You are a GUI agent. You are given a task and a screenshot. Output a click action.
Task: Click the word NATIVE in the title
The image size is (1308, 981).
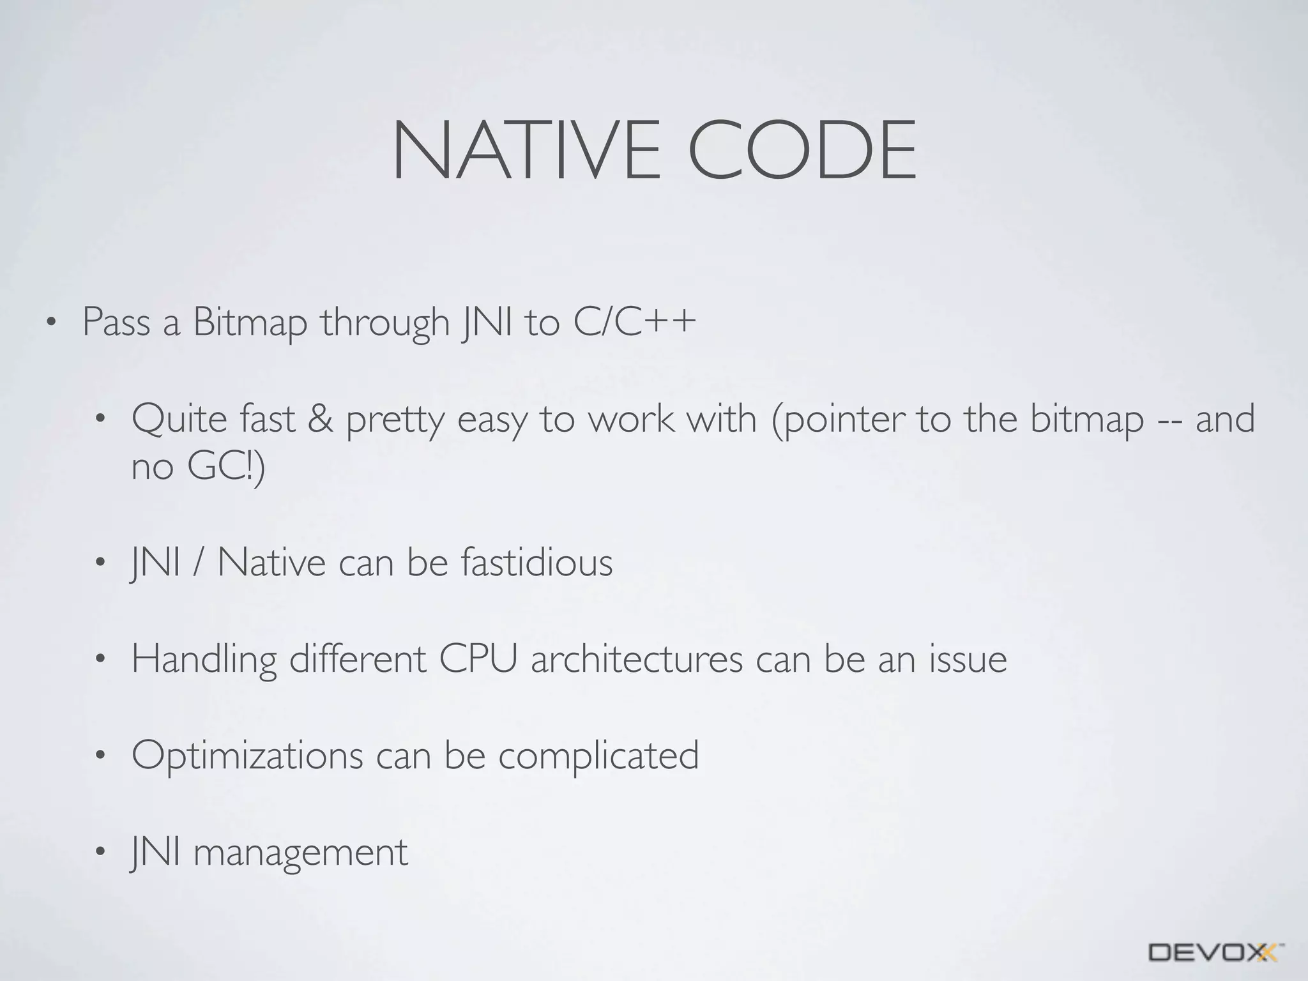click(x=526, y=151)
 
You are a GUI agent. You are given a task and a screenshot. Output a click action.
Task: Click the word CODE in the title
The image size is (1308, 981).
click(x=803, y=151)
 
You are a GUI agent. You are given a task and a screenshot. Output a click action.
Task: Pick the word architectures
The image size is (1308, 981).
click(x=637, y=660)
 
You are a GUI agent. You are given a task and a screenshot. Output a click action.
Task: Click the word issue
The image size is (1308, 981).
click(x=968, y=660)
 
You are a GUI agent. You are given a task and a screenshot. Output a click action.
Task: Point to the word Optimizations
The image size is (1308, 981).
click(x=247, y=756)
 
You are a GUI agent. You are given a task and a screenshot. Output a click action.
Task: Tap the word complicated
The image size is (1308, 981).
click(x=598, y=756)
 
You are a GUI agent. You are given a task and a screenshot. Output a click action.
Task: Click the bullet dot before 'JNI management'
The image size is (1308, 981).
click(x=99, y=853)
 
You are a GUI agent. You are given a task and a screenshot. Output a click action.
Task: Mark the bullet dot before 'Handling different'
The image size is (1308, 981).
click(x=99, y=660)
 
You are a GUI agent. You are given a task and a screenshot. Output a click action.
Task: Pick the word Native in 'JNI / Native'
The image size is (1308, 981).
click(x=271, y=563)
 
